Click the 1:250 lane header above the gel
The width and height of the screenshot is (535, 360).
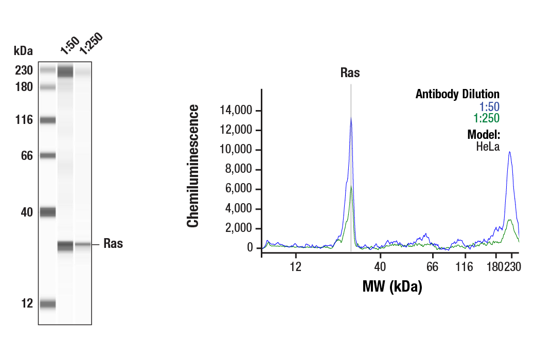(91, 43)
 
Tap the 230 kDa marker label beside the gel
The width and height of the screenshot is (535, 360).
(24, 70)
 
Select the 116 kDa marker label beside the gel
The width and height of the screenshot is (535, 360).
(24, 120)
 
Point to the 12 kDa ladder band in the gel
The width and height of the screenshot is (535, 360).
(48, 304)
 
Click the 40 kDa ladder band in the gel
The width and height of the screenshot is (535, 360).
(48, 211)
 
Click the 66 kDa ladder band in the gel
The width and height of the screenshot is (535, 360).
(48, 155)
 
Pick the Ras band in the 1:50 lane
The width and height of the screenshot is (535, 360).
(65, 246)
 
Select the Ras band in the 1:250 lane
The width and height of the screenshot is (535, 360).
(83, 245)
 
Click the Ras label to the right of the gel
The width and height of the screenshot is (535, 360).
(113, 244)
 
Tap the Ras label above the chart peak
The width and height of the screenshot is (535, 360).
(350, 73)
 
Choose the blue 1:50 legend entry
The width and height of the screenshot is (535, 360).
(489, 106)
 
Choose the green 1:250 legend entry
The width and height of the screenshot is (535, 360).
(487, 118)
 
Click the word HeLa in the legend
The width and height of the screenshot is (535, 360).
(488, 146)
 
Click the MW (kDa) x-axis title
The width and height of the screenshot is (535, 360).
(392, 286)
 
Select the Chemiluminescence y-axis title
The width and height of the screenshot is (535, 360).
(193, 166)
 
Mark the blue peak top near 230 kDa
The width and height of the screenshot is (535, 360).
(509, 152)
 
